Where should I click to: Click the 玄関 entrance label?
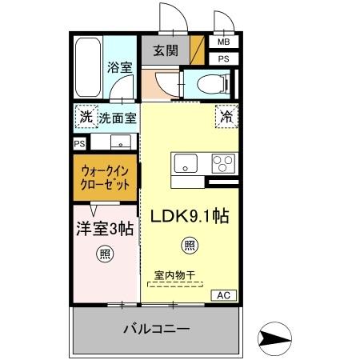[166, 50]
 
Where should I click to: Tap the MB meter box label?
[223, 42]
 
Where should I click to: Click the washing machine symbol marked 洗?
[85, 117]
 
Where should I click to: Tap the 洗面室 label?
[118, 118]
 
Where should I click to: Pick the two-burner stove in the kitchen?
[223, 163]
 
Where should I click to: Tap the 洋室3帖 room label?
[104, 230]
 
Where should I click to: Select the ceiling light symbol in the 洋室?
[104, 254]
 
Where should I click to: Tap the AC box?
[225, 295]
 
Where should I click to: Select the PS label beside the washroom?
[79, 143]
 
